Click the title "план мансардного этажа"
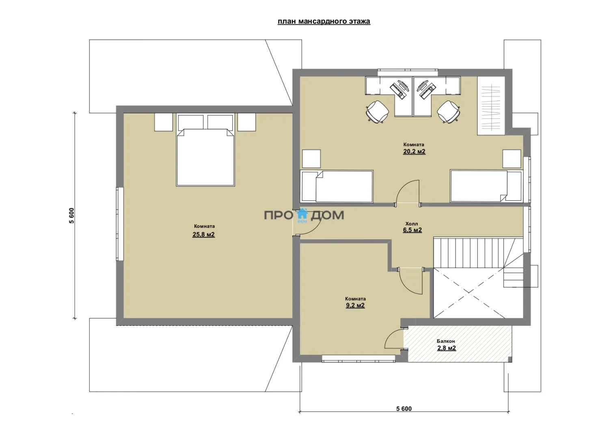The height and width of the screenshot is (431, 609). (324, 22)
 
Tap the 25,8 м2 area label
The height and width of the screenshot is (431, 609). (204, 234)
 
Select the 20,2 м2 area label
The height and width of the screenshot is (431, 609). (414, 151)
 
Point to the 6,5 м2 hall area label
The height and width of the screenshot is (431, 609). (412, 230)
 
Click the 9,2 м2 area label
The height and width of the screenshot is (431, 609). (355, 305)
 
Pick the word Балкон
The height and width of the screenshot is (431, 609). (446, 341)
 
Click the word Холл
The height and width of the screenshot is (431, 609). (412, 224)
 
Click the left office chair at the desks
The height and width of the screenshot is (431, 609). (377, 112)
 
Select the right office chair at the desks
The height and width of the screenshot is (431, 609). (449, 112)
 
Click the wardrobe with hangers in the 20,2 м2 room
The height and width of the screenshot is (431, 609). (491, 106)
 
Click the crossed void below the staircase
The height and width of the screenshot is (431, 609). (469, 293)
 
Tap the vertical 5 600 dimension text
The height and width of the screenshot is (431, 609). (71, 215)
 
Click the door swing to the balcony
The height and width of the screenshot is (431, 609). (394, 338)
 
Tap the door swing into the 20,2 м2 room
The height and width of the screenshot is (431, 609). (408, 192)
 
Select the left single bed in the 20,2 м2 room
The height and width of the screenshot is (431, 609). (337, 186)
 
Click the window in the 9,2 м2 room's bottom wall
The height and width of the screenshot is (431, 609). (358, 359)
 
